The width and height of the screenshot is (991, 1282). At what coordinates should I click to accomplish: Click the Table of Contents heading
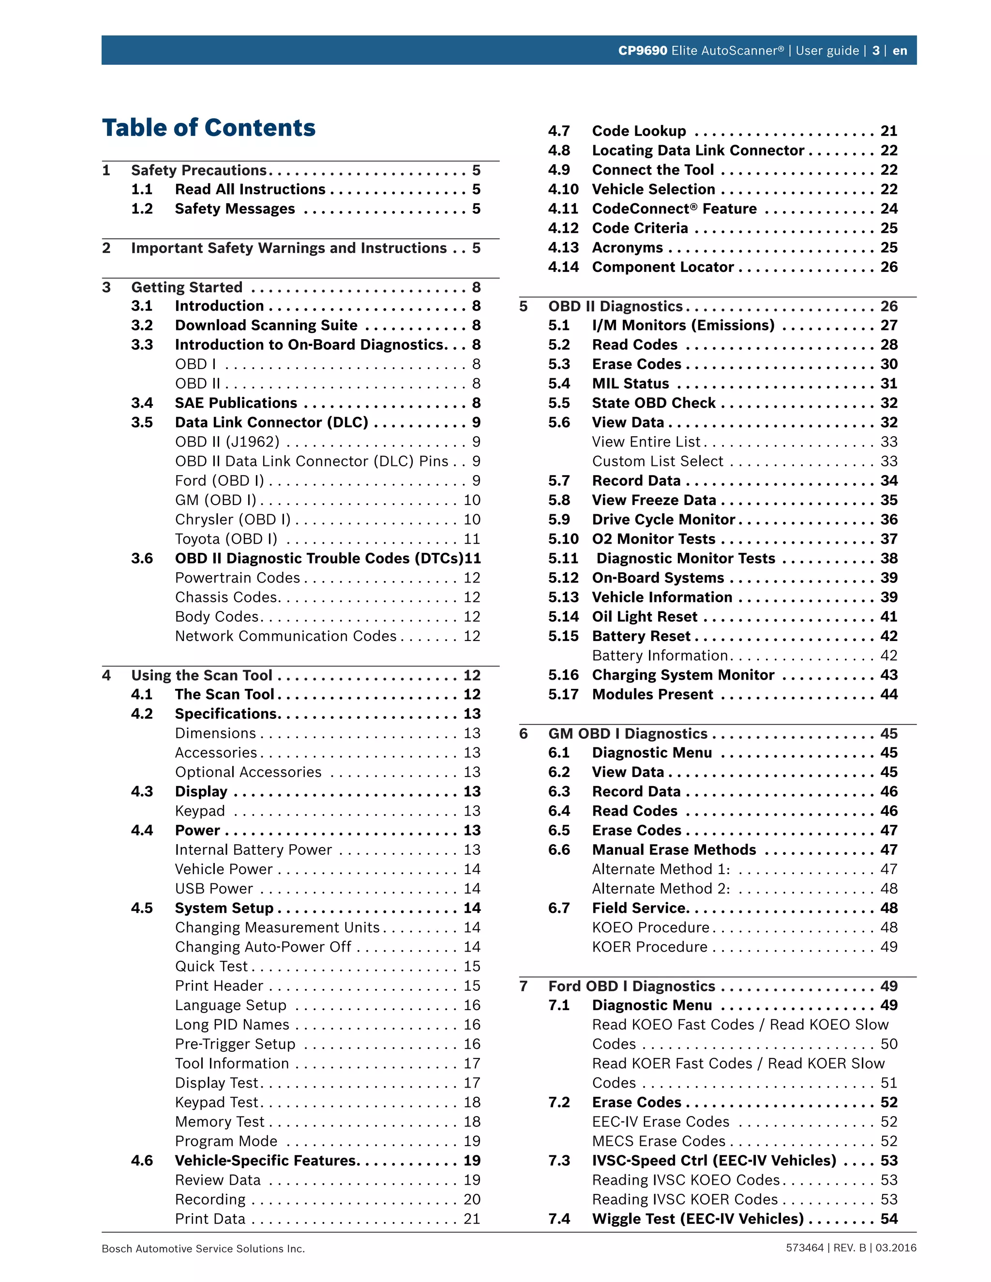click(x=209, y=128)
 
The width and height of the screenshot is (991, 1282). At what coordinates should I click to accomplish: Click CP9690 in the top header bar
click(x=642, y=50)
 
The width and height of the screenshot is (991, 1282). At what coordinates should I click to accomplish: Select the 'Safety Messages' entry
click(x=235, y=209)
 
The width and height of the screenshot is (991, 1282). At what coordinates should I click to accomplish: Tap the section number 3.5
click(x=142, y=423)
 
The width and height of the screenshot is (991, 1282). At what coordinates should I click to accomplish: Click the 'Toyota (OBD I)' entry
click(x=226, y=539)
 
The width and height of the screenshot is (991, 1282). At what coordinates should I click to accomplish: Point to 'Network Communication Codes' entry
click(x=286, y=636)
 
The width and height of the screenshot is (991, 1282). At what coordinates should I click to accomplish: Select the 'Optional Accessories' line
click(x=248, y=772)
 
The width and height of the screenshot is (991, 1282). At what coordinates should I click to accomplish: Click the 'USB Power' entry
click(x=214, y=889)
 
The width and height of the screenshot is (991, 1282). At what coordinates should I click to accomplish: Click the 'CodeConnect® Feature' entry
click(x=674, y=209)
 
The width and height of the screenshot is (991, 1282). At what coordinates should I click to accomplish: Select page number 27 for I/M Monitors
click(x=888, y=325)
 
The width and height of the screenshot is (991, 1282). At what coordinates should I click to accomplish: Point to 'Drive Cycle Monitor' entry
click(x=663, y=520)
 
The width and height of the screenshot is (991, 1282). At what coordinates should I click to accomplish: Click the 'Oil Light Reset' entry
click(x=645, y=617)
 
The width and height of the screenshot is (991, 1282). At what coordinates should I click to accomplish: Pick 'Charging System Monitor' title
click(x=683, y=675)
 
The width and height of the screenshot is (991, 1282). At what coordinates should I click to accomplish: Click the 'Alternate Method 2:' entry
click(x=661, y=889)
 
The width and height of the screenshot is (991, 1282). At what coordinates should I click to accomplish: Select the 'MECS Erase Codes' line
click(x=659, y=1141)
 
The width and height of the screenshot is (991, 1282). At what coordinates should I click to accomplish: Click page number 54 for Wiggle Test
click(x=888, y=1219)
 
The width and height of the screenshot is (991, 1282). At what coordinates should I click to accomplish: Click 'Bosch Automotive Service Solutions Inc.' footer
click(x=203, y=1249)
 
